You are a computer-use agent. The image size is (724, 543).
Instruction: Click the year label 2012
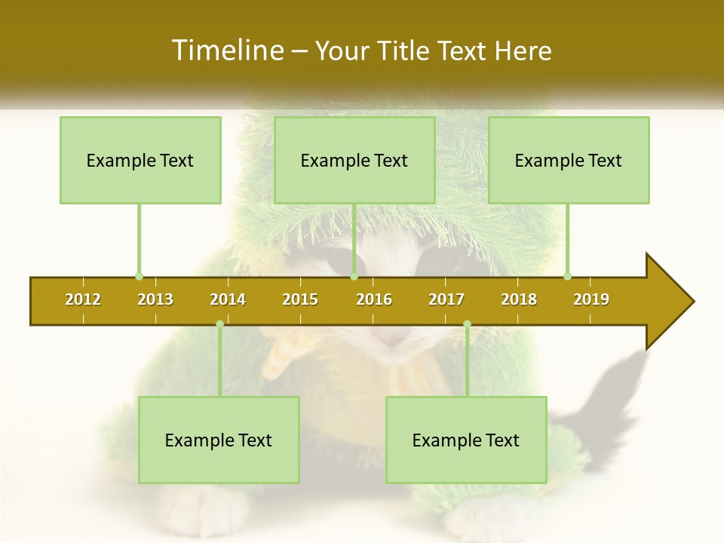(83, 299)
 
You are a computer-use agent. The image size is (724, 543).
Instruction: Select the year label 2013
(155, 299)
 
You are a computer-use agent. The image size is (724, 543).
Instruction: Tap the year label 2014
(228, 299)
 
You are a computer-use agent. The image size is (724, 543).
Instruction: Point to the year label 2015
(300, 299)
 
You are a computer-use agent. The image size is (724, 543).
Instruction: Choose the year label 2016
(374, 299)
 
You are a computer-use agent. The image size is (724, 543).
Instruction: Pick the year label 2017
(446, 299)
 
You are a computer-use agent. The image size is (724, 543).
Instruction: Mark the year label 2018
(519, 299)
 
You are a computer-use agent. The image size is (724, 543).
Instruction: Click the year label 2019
(591, 299)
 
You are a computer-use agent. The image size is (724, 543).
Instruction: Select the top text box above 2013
(140, 160)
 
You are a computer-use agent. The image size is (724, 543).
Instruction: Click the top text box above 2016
(354, 160)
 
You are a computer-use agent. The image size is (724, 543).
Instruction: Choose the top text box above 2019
(569, 160)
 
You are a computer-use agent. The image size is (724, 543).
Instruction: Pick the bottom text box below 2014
(219, 440)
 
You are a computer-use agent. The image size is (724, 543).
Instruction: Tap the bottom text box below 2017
(466, 440)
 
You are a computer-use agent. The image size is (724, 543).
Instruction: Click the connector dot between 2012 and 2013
(139, 277)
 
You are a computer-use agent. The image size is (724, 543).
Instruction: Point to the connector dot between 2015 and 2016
(354, 277)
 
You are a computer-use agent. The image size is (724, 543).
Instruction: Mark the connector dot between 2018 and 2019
(567, 277)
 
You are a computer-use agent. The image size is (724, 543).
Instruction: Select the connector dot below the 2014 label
(219, 324)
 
